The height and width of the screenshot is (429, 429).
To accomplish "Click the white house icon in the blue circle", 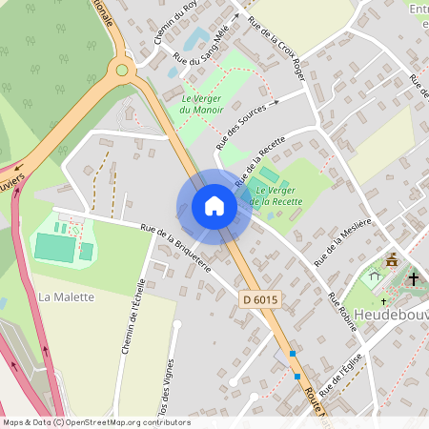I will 214,207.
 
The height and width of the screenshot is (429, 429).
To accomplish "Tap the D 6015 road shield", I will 259,300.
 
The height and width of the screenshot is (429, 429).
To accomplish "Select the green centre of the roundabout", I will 121,69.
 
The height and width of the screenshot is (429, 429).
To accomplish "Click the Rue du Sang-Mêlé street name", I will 202,47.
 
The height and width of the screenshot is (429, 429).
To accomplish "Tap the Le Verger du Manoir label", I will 201,104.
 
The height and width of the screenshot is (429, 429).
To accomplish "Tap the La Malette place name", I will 67,296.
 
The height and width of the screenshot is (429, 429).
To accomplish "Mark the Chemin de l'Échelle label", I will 132,317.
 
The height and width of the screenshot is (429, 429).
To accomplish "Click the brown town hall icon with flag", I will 392,260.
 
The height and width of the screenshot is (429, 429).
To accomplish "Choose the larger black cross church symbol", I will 413,279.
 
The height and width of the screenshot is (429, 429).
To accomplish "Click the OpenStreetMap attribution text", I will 96,421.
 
